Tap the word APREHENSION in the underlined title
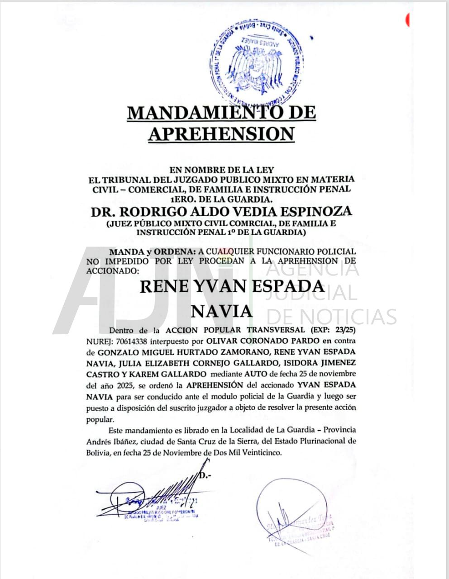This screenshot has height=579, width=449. (x=222, y=134)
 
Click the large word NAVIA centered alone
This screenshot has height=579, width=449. (x=221, y=312)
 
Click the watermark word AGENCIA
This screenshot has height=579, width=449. (x=312, y=270)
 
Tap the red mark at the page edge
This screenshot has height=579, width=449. (x=408, y=19)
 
